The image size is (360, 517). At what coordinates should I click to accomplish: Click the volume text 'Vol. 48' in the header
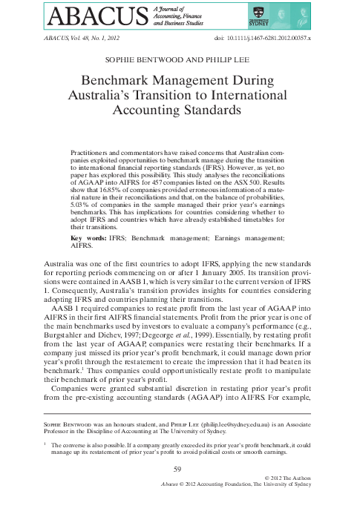[x=73, y=38]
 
